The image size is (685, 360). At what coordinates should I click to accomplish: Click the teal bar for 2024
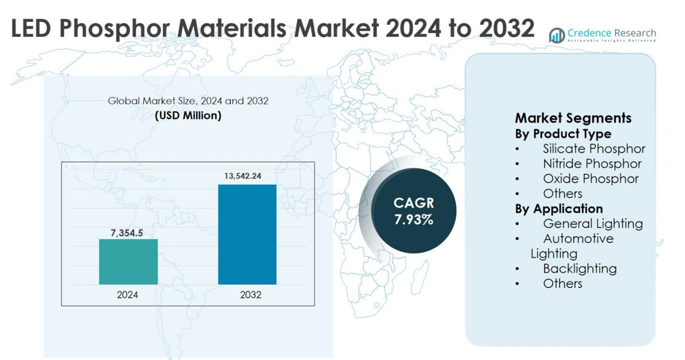tap(128, 261)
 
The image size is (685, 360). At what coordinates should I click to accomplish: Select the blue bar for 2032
tap(247, 234)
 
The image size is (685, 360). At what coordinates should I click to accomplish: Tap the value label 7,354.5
tap(127, 232)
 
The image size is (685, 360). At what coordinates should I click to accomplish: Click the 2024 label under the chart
tap(128, 295)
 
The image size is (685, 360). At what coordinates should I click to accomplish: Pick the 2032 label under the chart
tap(250, 295)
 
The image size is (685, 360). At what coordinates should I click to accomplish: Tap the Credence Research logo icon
tap(556, 35)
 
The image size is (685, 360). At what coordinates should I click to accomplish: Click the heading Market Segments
tap(573, 118)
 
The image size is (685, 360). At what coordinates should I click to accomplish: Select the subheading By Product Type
tap(563, 134)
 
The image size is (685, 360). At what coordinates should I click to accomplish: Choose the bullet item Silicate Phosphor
tap(593, 148)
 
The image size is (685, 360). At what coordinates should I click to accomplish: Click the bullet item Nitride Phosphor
tap(592, 164)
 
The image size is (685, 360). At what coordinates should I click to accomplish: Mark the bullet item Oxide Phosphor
tap(590, 178)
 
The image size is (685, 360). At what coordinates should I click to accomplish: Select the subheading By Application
tap(559, 209)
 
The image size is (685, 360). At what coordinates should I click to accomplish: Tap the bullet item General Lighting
tap(592, 223)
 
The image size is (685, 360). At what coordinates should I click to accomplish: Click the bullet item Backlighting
tap(579, 268)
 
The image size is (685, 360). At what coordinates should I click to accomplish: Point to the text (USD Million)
tap(188, 115)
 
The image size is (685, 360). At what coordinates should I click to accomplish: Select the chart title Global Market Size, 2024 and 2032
tap(188, 101)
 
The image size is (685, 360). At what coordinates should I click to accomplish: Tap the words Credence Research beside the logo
tap(611, 33)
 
